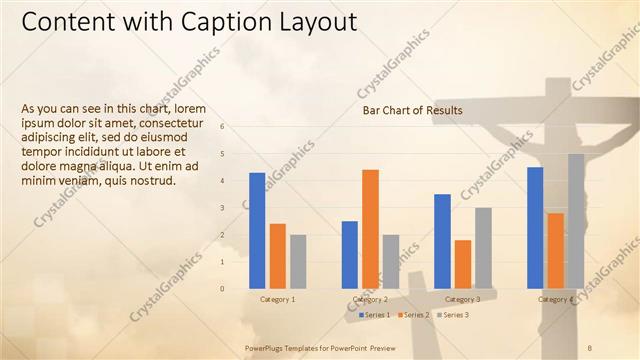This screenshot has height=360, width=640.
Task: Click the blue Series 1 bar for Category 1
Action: pos(257,230)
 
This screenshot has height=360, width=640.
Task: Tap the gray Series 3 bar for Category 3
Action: pos(483,247)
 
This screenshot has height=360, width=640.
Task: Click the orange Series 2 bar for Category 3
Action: pos(462,263)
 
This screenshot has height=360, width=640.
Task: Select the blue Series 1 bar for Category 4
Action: pos(535,227)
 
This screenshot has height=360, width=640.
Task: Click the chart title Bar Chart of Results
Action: pos(412,110)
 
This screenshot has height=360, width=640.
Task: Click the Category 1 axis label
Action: pos(277,299)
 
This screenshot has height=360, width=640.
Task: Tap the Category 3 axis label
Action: pos(462,299)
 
